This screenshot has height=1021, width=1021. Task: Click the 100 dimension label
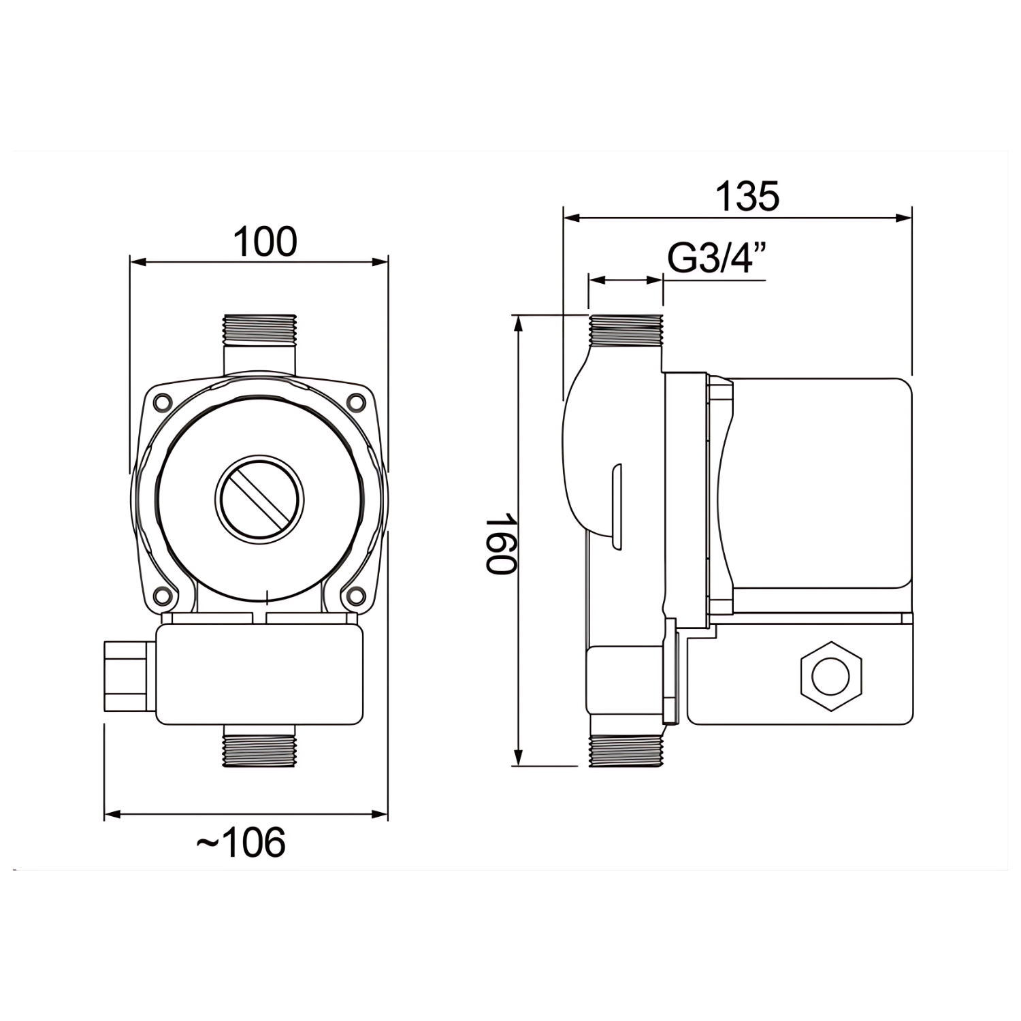click(265, 242)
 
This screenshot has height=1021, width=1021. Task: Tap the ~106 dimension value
click(241, 843)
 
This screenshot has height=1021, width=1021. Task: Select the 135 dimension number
click(747, 197)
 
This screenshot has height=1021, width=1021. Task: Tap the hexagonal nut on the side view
click(831, 677)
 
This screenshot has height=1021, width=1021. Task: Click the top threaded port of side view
click(626, 331)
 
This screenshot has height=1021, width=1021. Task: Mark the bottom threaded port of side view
click(626, 750)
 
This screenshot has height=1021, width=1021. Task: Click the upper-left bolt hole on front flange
click(162, 402)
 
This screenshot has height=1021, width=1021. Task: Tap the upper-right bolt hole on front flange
click(355, 402)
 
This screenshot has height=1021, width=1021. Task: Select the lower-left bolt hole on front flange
click(162, 596)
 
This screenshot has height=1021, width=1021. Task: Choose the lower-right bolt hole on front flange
click(355, 596)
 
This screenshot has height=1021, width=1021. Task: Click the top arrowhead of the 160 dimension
click(519, 324)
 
